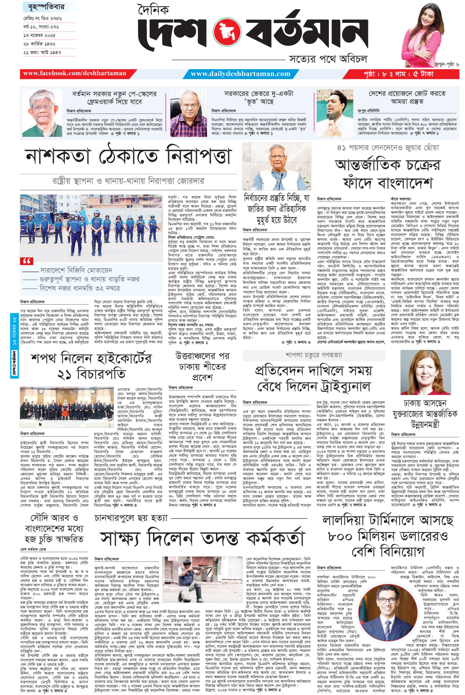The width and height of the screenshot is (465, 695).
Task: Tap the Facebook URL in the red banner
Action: [x=75, y=74]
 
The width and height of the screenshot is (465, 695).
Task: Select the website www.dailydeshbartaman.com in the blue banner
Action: [x=241, y=74]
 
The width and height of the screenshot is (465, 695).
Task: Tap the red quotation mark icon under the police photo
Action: [x=27, y=261]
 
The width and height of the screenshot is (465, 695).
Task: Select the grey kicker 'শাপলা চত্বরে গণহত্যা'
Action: [x=313, y=355]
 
